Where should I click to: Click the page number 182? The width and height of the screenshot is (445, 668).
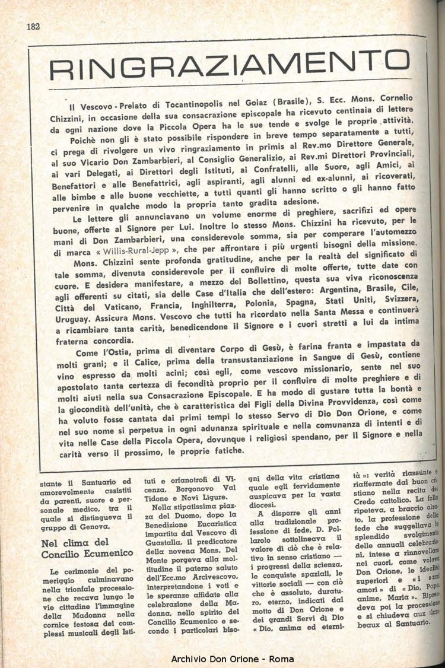coord(33,26)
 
